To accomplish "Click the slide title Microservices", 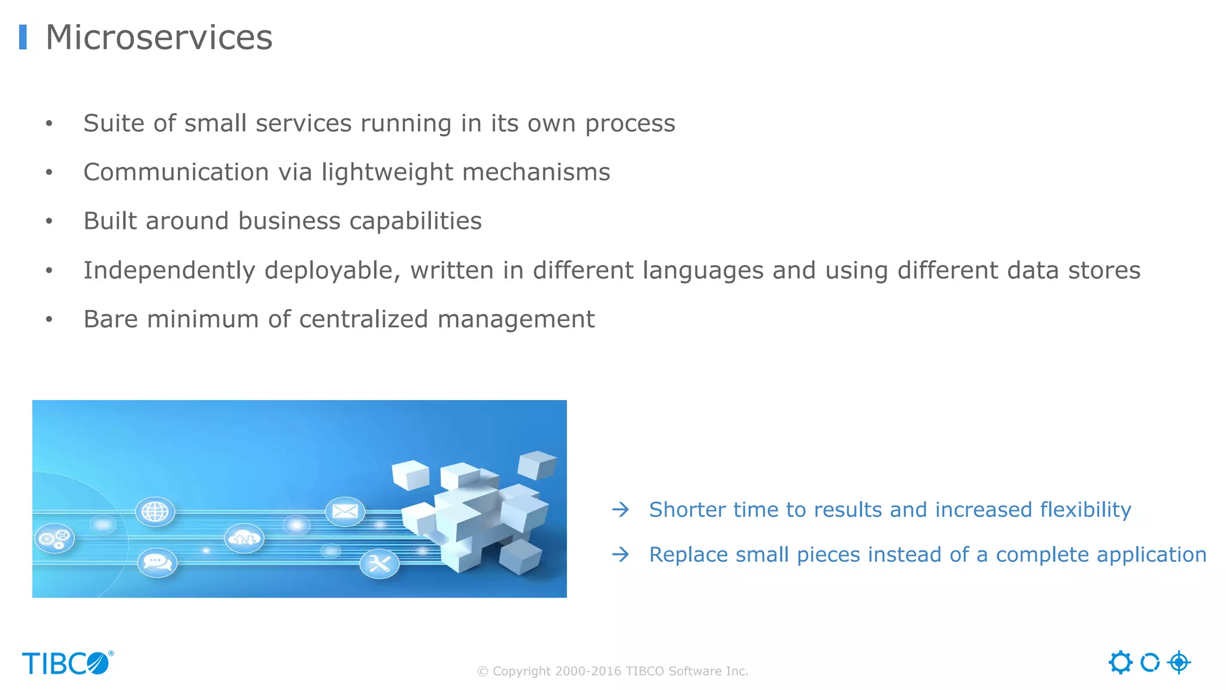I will pos(159,37).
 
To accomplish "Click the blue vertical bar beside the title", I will pos(23,37).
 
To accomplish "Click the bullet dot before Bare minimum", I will pos(49,320).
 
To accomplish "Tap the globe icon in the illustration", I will pos(155,512).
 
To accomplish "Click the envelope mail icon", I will pos(345,512).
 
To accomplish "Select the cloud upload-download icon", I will pos(244,538).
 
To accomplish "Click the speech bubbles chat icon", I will pos(157,563).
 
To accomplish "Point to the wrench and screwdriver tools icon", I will pos(379,564).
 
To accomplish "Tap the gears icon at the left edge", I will pos(54,538).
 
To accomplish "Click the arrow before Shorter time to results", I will pos(621,510).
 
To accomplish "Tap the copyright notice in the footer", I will pos(612,671).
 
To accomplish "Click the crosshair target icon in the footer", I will pos(1179,662).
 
